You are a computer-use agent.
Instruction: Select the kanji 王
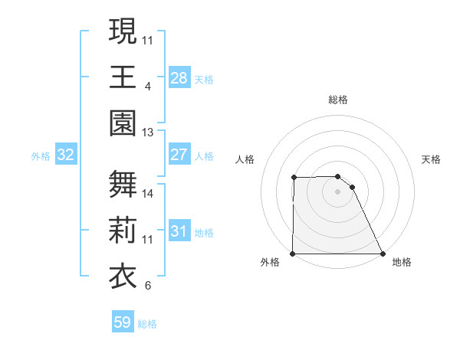tap(123, 77)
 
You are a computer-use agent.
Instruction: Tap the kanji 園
tap(123, 123)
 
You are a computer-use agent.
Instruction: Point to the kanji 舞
tap(123, 185)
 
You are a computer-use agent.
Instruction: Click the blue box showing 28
tap(179, 77)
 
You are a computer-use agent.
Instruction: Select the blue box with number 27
tap(179, 155)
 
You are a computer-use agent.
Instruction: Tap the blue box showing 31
tap(179, 231)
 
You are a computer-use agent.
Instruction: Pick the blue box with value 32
tap(65, 155)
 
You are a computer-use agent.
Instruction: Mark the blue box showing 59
tap(122, 322)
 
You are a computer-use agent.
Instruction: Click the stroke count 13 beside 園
tap(147, 133)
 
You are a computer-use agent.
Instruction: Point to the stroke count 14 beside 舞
tap(148, 194)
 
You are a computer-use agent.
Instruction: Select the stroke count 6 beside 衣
tap(147, 286)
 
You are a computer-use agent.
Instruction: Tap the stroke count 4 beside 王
tap(147, 86)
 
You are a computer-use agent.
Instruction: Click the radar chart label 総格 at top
tap(338, 100)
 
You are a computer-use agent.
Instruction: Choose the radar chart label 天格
tap(432, 159)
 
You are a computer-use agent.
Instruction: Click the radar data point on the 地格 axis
tap(382, 254)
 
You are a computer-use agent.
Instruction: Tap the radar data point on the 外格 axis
tap(293, 254)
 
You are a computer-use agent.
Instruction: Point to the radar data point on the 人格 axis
tap(294, 178)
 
